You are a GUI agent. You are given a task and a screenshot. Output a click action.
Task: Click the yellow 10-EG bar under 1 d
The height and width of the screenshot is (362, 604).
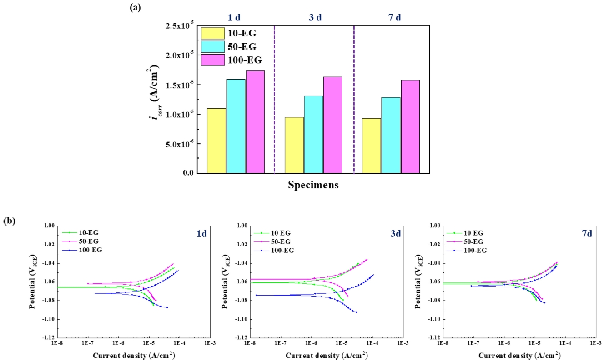(216, 141)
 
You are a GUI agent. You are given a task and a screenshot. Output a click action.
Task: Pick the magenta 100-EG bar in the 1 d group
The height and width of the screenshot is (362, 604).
(255, 122)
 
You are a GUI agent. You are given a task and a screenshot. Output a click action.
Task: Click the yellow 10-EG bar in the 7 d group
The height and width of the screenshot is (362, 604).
(372, 146)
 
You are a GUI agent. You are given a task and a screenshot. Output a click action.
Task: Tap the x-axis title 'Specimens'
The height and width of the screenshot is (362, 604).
(313, 186)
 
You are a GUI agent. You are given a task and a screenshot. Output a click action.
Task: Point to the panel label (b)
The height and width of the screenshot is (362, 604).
(10, 221)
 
